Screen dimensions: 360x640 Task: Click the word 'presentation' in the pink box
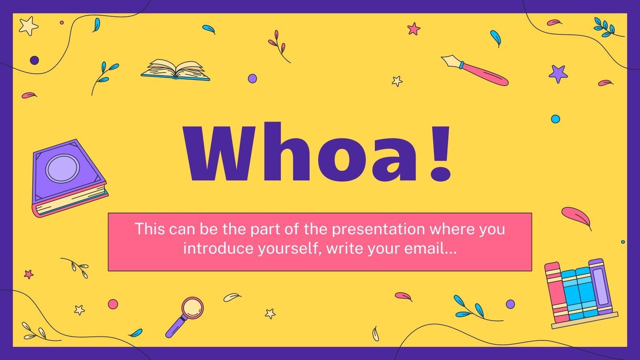378,229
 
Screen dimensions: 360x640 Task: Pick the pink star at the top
414,28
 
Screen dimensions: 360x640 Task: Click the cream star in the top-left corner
28,26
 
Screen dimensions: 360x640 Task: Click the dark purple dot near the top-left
34,60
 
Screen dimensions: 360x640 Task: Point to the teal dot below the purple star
555,118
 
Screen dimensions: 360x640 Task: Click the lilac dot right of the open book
252,78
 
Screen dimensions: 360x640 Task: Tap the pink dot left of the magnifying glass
113,304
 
